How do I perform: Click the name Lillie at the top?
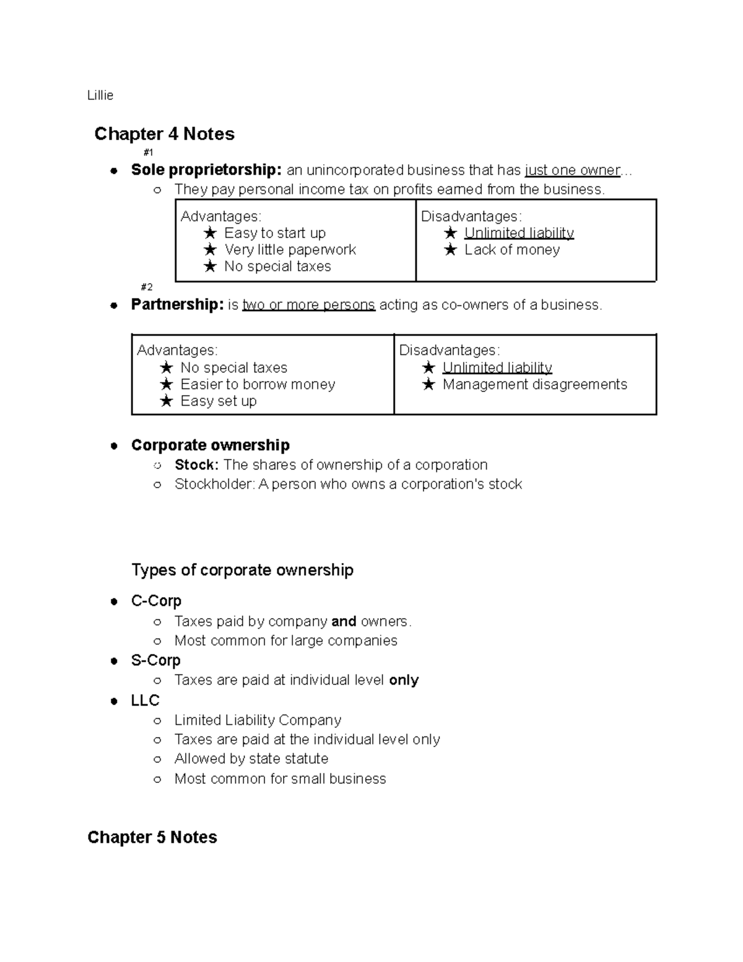click(x=100, y=95)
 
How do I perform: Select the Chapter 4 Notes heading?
click(x=164, y=134)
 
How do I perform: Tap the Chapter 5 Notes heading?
click(x=152, y=837)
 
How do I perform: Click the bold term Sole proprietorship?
click(x=206, y=170)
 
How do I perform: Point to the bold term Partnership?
click(x=177, y=305)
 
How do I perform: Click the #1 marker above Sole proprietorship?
click(x=148, y=152)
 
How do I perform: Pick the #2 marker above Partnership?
click(x=147, y=287)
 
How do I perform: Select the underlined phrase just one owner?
click(x=572, y=170)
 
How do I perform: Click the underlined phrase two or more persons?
click(x=308, y=305)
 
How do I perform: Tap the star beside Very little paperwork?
click(x=211, y=250)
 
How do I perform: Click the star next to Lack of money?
click(x=451, y=250)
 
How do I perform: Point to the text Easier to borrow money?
click(x=258, y=385)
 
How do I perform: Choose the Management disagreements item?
click(x=534, y=385)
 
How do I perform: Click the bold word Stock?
click(x=196, y=465)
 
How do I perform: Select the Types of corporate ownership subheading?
click(x=242, y=570)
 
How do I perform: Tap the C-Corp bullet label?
click(x=156, y=601)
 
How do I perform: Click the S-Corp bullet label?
click(x=155, y=660)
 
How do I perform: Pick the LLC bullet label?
click(x=146, y=701)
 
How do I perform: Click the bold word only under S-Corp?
click(x=404, y=680)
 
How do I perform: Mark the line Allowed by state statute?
click(x=251, y=759)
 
